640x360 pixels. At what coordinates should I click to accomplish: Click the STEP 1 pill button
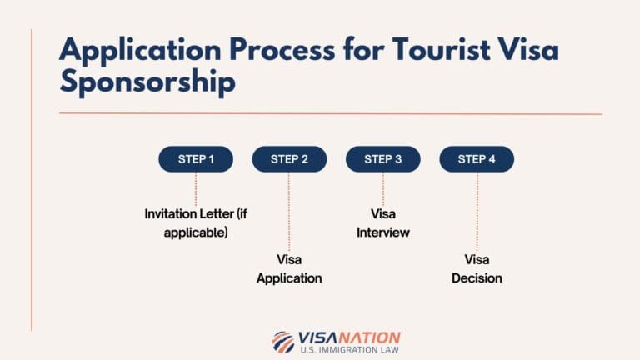[x=196, y=159]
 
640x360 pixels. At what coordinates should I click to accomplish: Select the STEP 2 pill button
[x=289, y=159]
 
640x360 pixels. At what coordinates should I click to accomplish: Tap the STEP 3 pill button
[x=383, y=159]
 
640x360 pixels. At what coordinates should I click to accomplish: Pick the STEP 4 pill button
[x=477, y=159]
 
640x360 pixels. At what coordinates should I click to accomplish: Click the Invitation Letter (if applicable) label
[x=196, y=222]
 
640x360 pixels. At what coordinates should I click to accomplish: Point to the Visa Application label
[x=289, y=268]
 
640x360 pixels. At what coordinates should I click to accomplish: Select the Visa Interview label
[x=383, y=222]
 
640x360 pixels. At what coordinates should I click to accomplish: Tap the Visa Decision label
[x=477, y=268]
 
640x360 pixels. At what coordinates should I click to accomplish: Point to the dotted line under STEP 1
[x=196, y=187]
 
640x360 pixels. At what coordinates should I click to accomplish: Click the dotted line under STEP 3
[x=383, y=187]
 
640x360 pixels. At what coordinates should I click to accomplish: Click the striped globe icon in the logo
[x=282, y=342]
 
